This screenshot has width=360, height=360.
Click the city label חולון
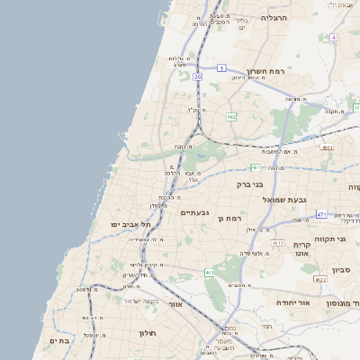(x=148, y=333)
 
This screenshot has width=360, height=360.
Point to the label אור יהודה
(x=292, y=302)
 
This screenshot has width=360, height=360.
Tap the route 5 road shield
(x=221, y=67)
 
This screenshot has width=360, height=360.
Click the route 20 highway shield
(x=198, y=77)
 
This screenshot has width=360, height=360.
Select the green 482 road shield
(x=231, y=117)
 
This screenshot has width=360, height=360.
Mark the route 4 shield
(x=333, y=38)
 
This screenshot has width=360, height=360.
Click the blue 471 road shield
(x=321, y=215)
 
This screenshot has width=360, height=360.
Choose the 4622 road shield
(x=319, y=280)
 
